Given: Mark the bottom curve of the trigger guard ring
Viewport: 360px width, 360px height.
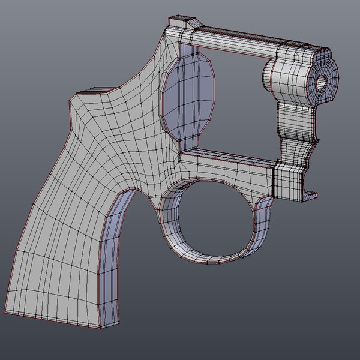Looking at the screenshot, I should pos(210,259).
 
